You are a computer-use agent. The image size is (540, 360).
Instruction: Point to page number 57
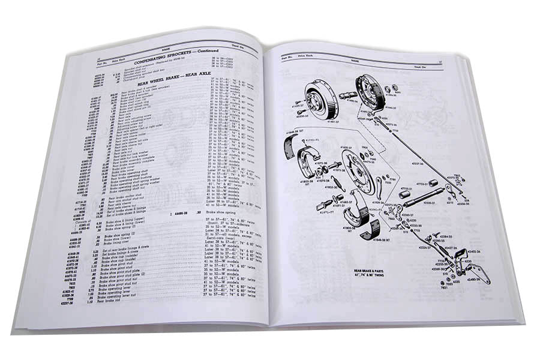coord(457,60)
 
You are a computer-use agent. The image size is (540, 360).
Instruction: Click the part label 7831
coord(444,287)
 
